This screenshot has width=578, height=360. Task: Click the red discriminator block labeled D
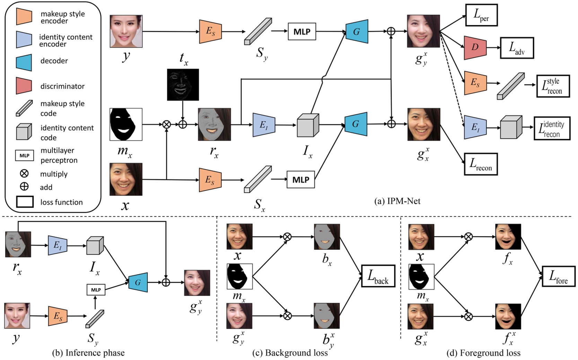[475, 47]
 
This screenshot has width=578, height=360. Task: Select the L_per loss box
[481, 15]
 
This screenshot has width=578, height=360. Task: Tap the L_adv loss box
[517, 48]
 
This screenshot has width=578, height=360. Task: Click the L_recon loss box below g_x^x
[481, 164]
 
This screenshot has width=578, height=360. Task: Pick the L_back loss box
[378, 276]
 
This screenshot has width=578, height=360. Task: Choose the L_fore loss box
[558, 277]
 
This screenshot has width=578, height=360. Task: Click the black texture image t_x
[183, 84]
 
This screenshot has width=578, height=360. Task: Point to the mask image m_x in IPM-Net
[126, 124]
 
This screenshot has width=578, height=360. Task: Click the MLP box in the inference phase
[96, 290]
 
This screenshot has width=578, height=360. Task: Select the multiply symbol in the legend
[24, 173]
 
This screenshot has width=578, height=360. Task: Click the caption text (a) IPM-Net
[397, 201]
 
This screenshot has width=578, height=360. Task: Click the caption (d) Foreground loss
[483, 353]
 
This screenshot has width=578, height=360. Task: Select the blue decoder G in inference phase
[138, 282]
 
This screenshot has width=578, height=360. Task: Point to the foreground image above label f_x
[508, 237]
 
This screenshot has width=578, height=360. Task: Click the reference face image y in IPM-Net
[126, 31]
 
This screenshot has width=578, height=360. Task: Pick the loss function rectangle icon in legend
[25, 202]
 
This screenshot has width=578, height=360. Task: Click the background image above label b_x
[327, 237]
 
